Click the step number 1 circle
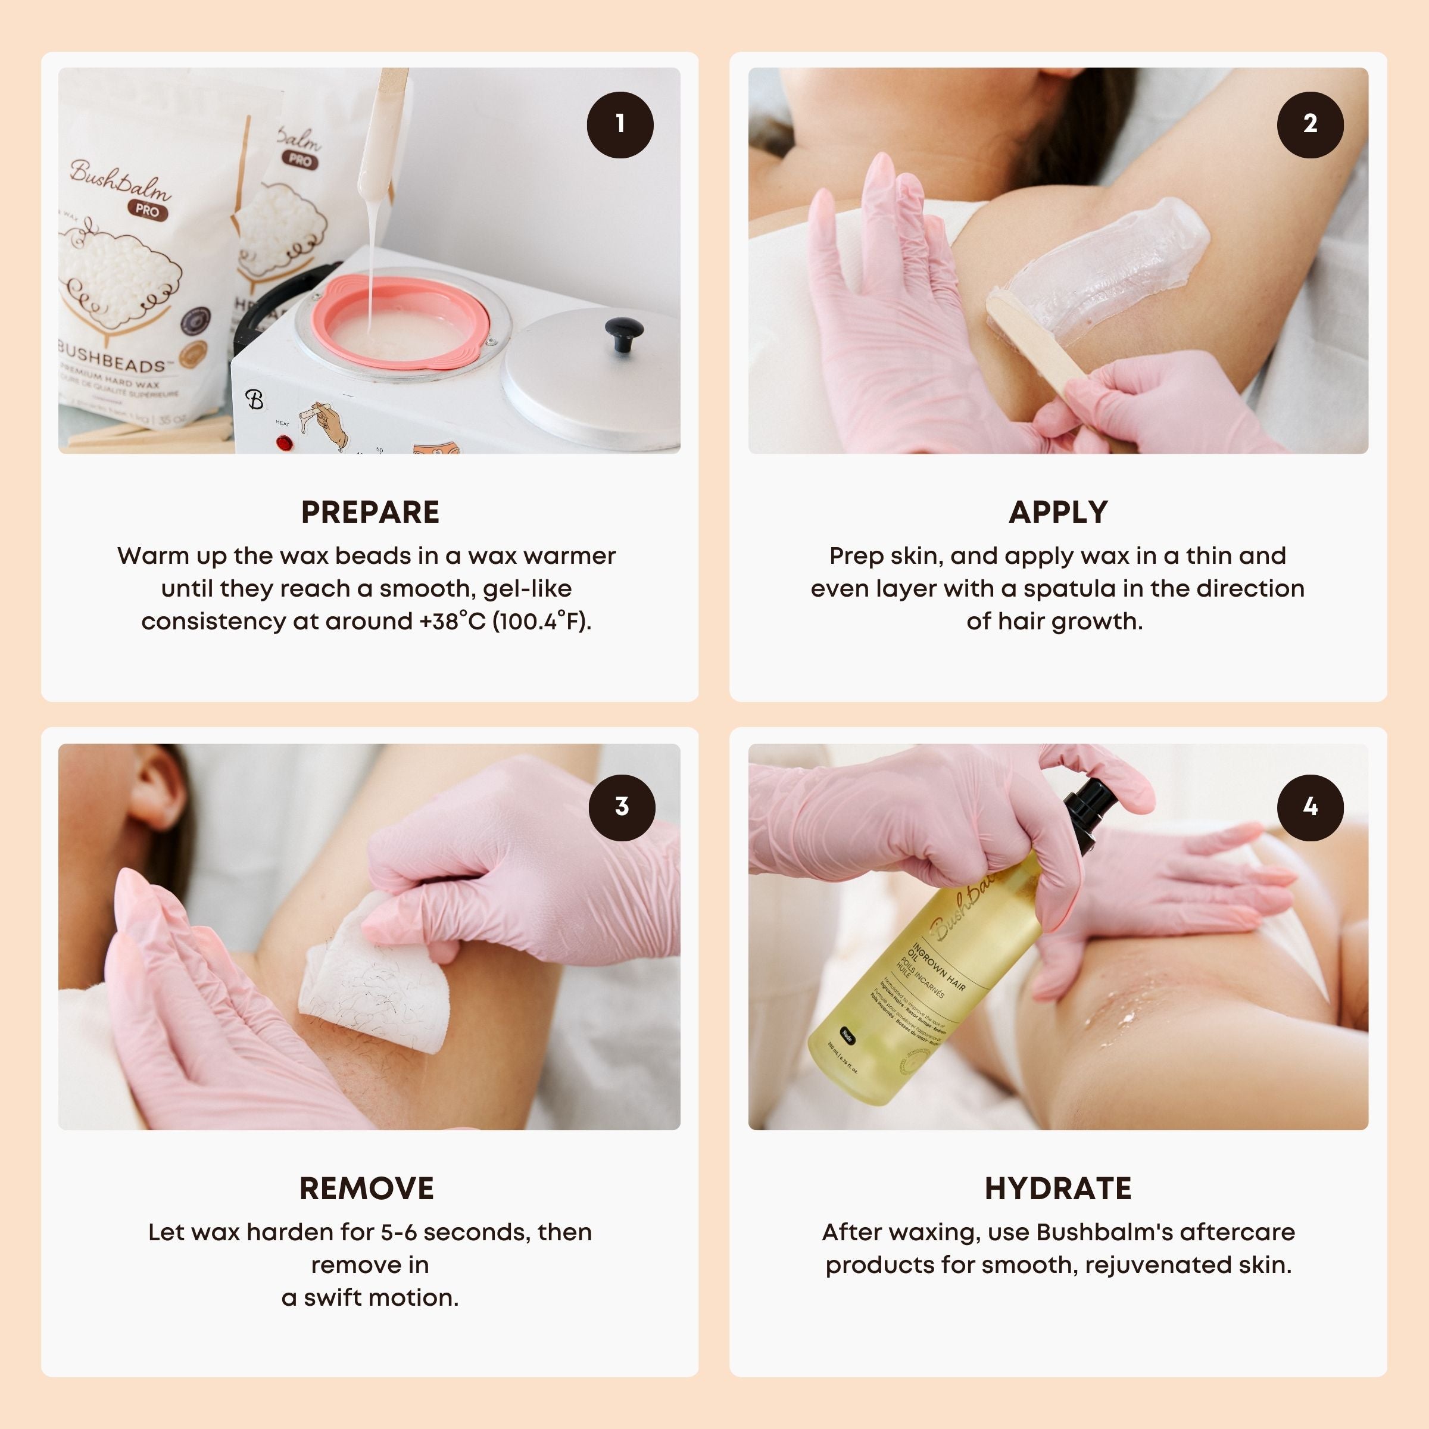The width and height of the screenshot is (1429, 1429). click(x=620, y=124)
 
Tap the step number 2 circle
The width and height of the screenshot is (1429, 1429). click(x=1310, y=124)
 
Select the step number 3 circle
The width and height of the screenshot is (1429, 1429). click(x=621, y=807)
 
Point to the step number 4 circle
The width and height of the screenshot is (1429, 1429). click(x=1310, y=807)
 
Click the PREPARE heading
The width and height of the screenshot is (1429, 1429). click(x=370, y=512)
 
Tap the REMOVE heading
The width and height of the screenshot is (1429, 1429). click(x=367, y=1188)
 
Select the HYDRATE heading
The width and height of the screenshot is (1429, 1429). click(x=1057, y=1188)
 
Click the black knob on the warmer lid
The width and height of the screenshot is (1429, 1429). click(x=623, y=333)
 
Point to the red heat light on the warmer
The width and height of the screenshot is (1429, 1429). click(x=283, y=443)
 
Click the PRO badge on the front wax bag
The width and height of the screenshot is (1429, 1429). click(x=147, y=210)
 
